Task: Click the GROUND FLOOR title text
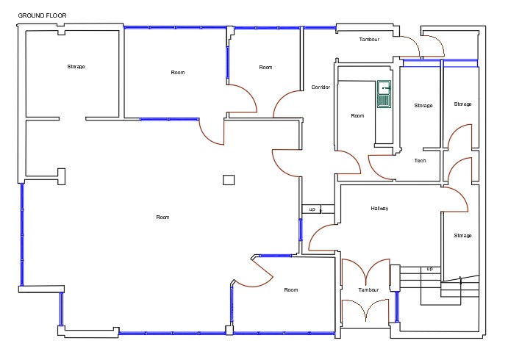point(42,15)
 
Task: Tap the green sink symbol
point(384,94)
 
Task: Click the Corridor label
point(321,87)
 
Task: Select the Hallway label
point(379,209)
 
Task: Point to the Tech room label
point(421,161)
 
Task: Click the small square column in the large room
point(229,180)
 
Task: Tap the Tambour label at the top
point(369,40)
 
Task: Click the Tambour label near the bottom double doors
point(368,290)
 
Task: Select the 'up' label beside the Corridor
point(312,209)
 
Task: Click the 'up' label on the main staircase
point(429,269)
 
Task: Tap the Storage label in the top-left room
point(76,67)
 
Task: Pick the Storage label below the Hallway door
point(462,236)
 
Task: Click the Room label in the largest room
point(162,217)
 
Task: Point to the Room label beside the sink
point(358,116)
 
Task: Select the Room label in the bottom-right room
point(291,290)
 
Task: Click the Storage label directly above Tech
point(423,106)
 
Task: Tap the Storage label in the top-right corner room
point(462,104)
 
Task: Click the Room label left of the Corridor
point(265,68)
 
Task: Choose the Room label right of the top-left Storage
point(178,73)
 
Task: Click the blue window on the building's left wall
point(22,234)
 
